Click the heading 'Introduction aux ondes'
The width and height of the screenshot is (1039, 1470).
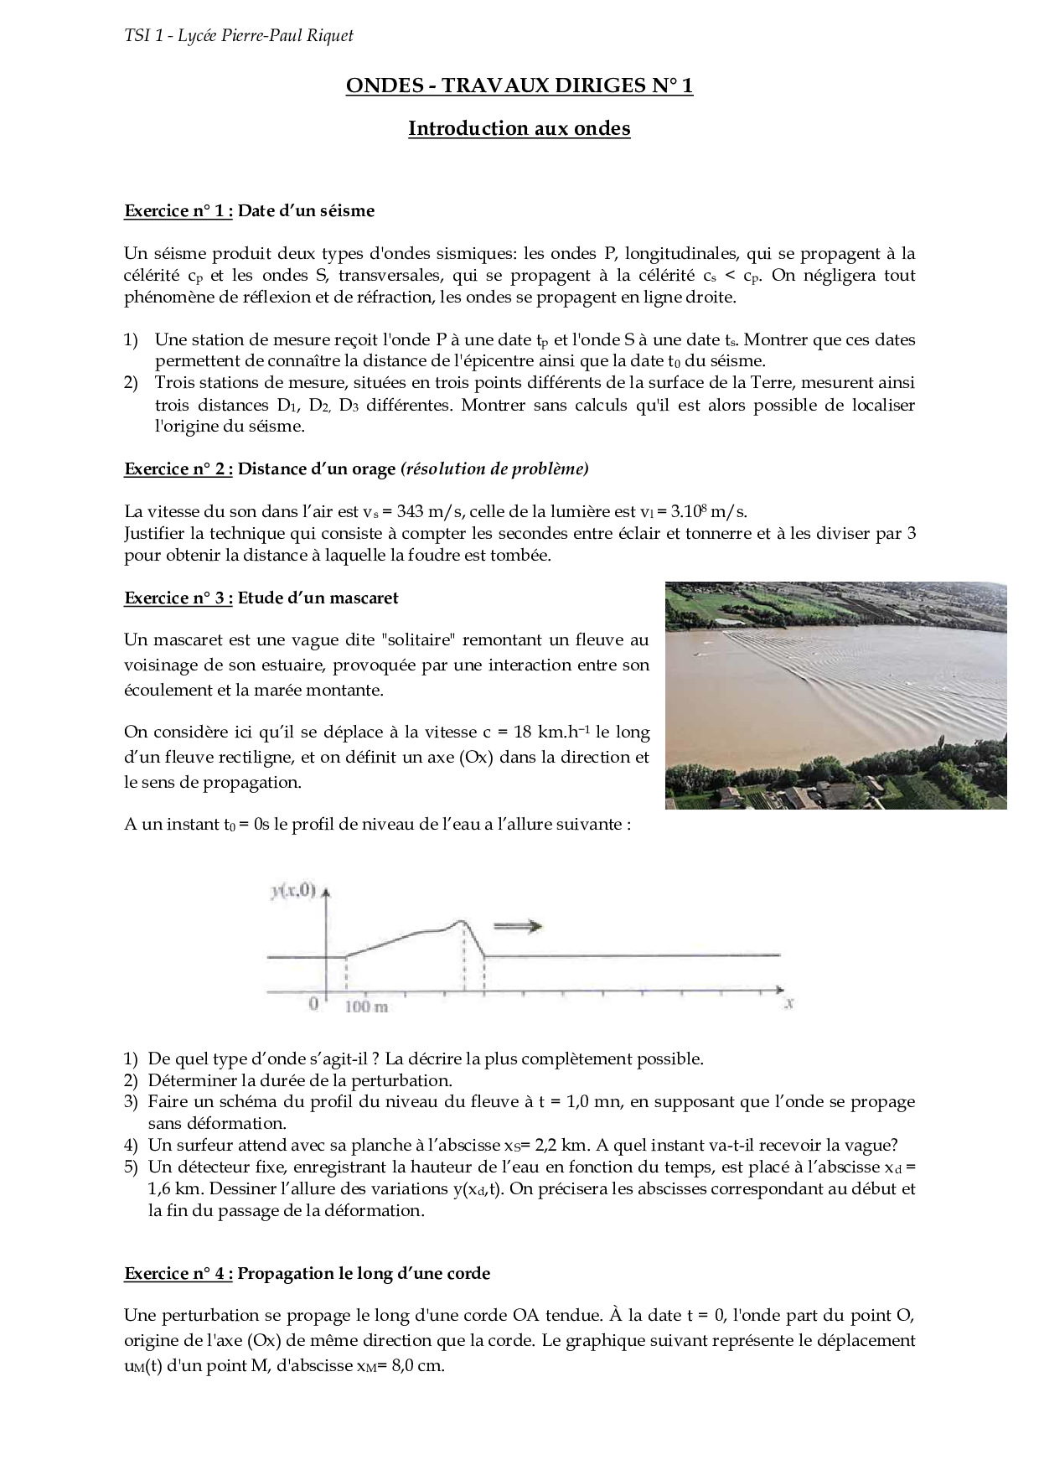click(519, 128)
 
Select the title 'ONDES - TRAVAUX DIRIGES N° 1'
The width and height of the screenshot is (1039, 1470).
click(519, 86)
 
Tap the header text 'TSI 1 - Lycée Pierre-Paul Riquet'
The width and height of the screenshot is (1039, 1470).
click(239, 35)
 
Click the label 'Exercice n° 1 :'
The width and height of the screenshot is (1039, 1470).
click(178, 210)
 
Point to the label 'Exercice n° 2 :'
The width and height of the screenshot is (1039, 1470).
click(178, 468)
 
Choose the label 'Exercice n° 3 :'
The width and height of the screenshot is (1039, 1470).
click(178, 598)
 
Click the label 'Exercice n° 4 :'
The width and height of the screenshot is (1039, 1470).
click(178, 1273)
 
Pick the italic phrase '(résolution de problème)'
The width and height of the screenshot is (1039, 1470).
click(495, 468)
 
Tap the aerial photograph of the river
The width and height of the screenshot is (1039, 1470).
click(835, 695)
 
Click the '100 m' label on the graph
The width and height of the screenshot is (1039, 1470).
click(367, 1005)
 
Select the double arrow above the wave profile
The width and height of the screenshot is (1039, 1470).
click(519, 926)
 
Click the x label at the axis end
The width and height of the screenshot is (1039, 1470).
click(788, 1002)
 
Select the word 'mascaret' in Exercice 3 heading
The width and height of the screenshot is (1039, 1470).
click(363, 598)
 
